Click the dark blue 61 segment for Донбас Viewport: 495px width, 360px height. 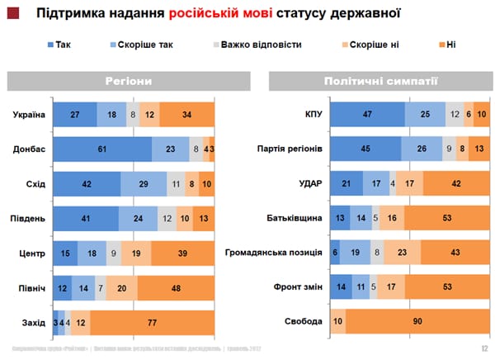pos(102,149)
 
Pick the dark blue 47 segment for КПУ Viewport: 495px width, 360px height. pos(367,114)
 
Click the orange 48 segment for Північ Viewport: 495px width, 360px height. pos(176,288)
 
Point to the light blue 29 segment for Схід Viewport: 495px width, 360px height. pos(144,184)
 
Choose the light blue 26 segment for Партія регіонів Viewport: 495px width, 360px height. pos(422,149)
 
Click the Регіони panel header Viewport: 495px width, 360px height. pos(128,81)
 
